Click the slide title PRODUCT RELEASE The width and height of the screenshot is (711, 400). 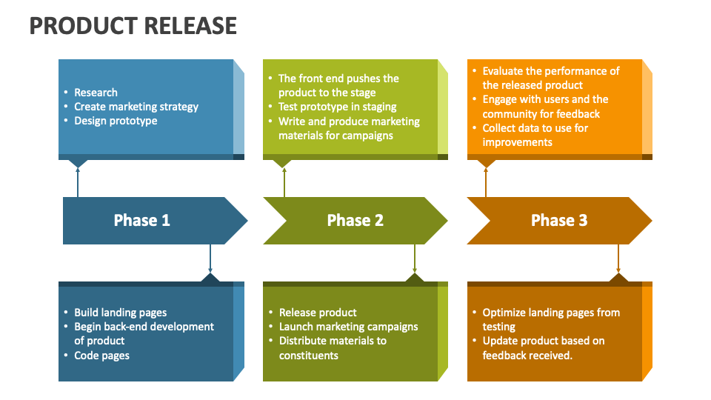point(133,26)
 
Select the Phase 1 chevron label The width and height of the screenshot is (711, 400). point(141,220)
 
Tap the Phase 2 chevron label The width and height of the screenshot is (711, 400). point(355,220)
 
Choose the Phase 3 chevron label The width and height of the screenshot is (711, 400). point(559,220)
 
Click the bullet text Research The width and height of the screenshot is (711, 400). point(96,93)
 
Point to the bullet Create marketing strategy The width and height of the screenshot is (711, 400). point(136,107)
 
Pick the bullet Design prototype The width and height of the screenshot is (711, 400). point(116,121)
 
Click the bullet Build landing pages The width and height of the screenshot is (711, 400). point(120,313)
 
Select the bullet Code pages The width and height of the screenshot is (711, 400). point(101,356)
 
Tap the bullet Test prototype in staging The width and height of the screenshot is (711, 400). point(337,107)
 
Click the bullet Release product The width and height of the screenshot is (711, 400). point(318,313)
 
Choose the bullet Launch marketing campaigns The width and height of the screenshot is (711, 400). point(348,327)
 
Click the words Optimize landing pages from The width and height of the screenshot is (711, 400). point(551,313)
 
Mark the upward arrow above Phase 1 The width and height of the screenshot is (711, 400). point(78,181)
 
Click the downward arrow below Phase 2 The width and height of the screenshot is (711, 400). point(415,259)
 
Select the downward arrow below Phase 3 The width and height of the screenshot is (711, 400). point(618,259)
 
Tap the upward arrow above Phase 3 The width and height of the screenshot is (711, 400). point(486,181)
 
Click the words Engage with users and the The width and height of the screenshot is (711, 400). point(545,99)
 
